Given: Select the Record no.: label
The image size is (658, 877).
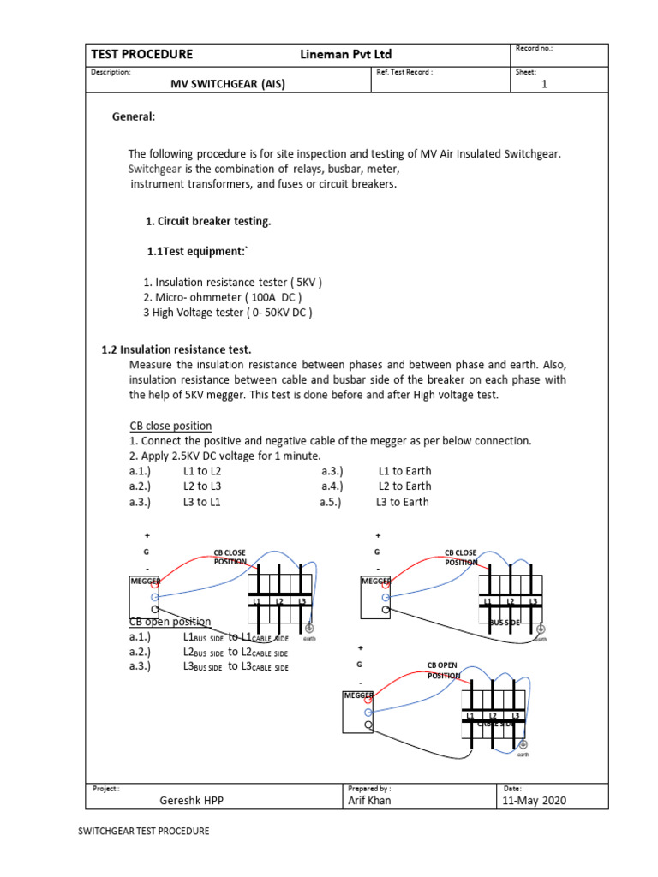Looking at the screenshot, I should [x=534, y=48].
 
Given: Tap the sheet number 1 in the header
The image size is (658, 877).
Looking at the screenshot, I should [x=544, y=84].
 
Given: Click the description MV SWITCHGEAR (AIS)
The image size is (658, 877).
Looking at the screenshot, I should [x=229, y=84].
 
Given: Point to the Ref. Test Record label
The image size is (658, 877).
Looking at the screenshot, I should [x=404, y=72].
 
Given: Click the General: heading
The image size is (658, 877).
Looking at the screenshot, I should [x=134, y=116].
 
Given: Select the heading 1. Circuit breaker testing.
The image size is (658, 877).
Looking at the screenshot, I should [x=208, y=221].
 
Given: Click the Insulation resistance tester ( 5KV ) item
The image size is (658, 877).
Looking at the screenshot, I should [x=232, y=282].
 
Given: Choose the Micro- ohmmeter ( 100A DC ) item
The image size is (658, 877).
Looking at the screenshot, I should [x=222, y=297].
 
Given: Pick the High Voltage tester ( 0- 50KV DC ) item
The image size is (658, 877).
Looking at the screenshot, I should [x=227, y=313].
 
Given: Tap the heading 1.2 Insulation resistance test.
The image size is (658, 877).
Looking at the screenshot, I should [x=176, y=349].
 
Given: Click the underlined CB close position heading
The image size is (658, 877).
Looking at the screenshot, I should [x=170, y=426].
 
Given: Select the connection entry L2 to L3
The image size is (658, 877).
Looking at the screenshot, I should [x=202, y=486].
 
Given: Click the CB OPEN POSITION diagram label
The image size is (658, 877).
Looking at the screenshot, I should [x=445, y=670].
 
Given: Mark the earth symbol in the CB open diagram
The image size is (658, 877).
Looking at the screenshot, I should [x=523, y=744].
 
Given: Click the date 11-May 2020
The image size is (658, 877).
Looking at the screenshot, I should [x=535, y=801].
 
